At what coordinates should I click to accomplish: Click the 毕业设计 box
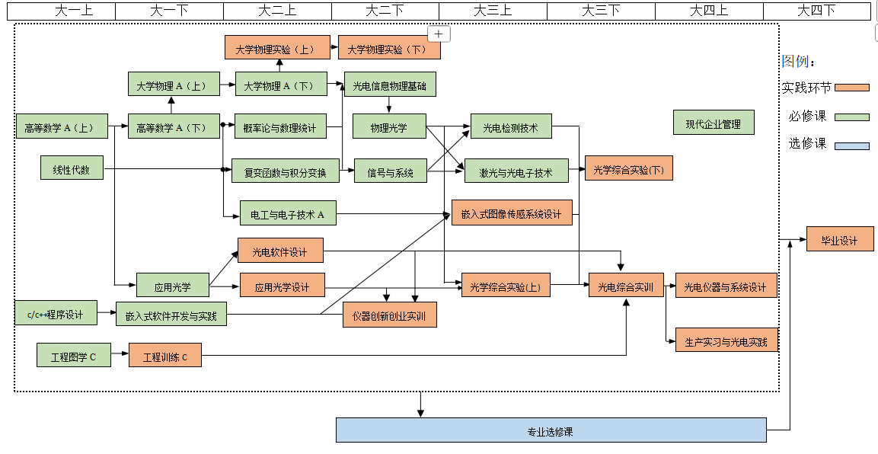(x=839, y=239)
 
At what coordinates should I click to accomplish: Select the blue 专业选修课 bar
(x=551, y=430)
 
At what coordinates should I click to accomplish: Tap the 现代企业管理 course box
(x=713, y=123)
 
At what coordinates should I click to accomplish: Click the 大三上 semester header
(x=493, y=10)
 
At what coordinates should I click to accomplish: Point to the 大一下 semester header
(x=169, y=10)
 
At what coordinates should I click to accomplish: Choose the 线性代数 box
(x=72, y=169)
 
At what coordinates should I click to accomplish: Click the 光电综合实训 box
(x=626, y=286)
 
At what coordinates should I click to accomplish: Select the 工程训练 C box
(x=165, y=356)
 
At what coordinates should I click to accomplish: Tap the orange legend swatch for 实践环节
(x=851, y=88)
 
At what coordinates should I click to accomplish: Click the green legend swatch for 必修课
(x=851, y=117)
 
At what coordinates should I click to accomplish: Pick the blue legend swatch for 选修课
(x=851, y=145)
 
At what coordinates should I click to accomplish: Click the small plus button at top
(x=439, y=34)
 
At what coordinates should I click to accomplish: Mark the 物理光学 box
(x=389, y=126)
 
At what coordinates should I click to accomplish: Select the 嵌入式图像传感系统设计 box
(x=511, y=213)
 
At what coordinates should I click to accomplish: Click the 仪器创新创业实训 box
(x=389, y=315)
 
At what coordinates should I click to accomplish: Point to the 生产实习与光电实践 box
(x=726, y=340)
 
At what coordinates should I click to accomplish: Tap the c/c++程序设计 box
(x=56, y=313)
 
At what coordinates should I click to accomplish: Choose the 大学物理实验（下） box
(x=388, y=48)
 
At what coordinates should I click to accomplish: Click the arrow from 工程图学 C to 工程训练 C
(x=119, y=355)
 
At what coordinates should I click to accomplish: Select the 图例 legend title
(x=798, y=61)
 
